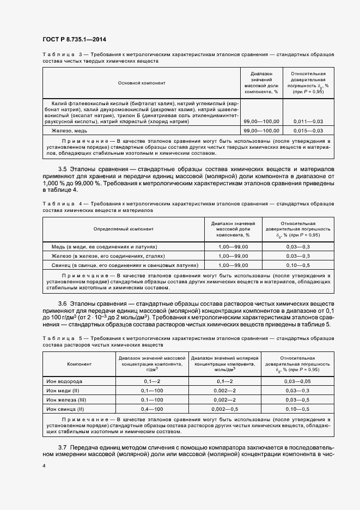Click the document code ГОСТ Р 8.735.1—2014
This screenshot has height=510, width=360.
(74, 39)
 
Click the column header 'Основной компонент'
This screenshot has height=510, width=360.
(141, 83)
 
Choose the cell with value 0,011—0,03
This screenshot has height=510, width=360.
(308, 121)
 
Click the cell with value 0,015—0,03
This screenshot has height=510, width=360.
(308, 131)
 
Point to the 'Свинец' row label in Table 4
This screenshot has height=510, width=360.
(124, 265)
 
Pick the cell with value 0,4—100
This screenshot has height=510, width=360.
(152, 409)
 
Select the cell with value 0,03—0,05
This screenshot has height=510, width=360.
(297, 381)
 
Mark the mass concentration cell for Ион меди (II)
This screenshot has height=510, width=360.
(152, 391)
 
